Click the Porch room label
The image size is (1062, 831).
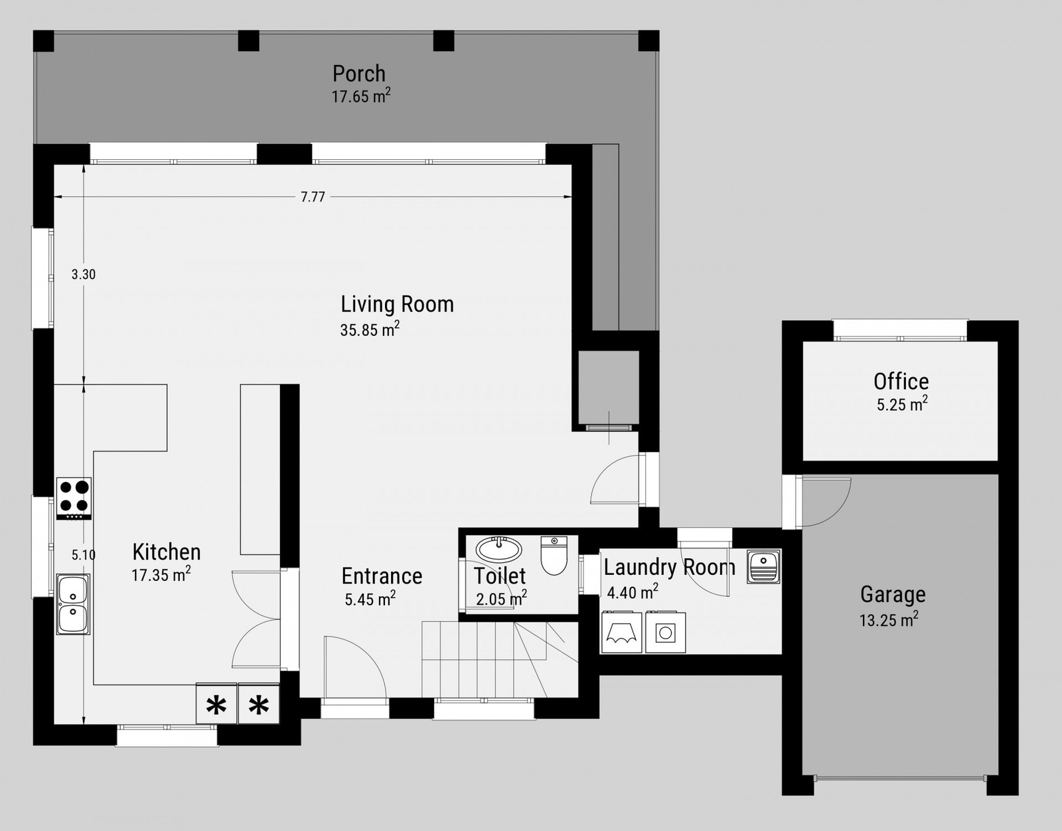point(358,74)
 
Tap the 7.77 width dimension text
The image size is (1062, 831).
point(313,197)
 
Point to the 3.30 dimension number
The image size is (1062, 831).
point(84,275)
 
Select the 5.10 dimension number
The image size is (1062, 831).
point(84,555)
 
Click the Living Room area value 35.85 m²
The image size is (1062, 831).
point(370,329)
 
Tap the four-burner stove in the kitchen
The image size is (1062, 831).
point(74,498)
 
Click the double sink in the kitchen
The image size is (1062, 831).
point(73,604)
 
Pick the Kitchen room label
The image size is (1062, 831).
point(167,552)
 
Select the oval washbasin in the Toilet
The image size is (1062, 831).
point(498,549)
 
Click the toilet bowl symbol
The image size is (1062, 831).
point(554,556)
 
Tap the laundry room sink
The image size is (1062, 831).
point(763,567)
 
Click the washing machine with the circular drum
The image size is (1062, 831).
point(665,632)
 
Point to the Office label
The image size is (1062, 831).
point(901,382)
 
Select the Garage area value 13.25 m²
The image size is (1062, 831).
point(889,619)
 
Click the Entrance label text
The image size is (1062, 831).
point(382,577)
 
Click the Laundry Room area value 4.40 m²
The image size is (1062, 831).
point(633,592)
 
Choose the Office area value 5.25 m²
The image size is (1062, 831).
point(902,404)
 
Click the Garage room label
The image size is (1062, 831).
point(893,595)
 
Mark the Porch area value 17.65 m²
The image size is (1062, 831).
point(361,96)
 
